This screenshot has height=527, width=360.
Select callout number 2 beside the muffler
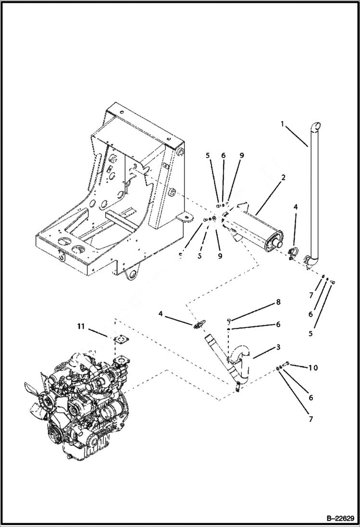coord(284,178)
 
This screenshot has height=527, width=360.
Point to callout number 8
coord(278,303)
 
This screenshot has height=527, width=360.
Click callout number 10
coord(313,368)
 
